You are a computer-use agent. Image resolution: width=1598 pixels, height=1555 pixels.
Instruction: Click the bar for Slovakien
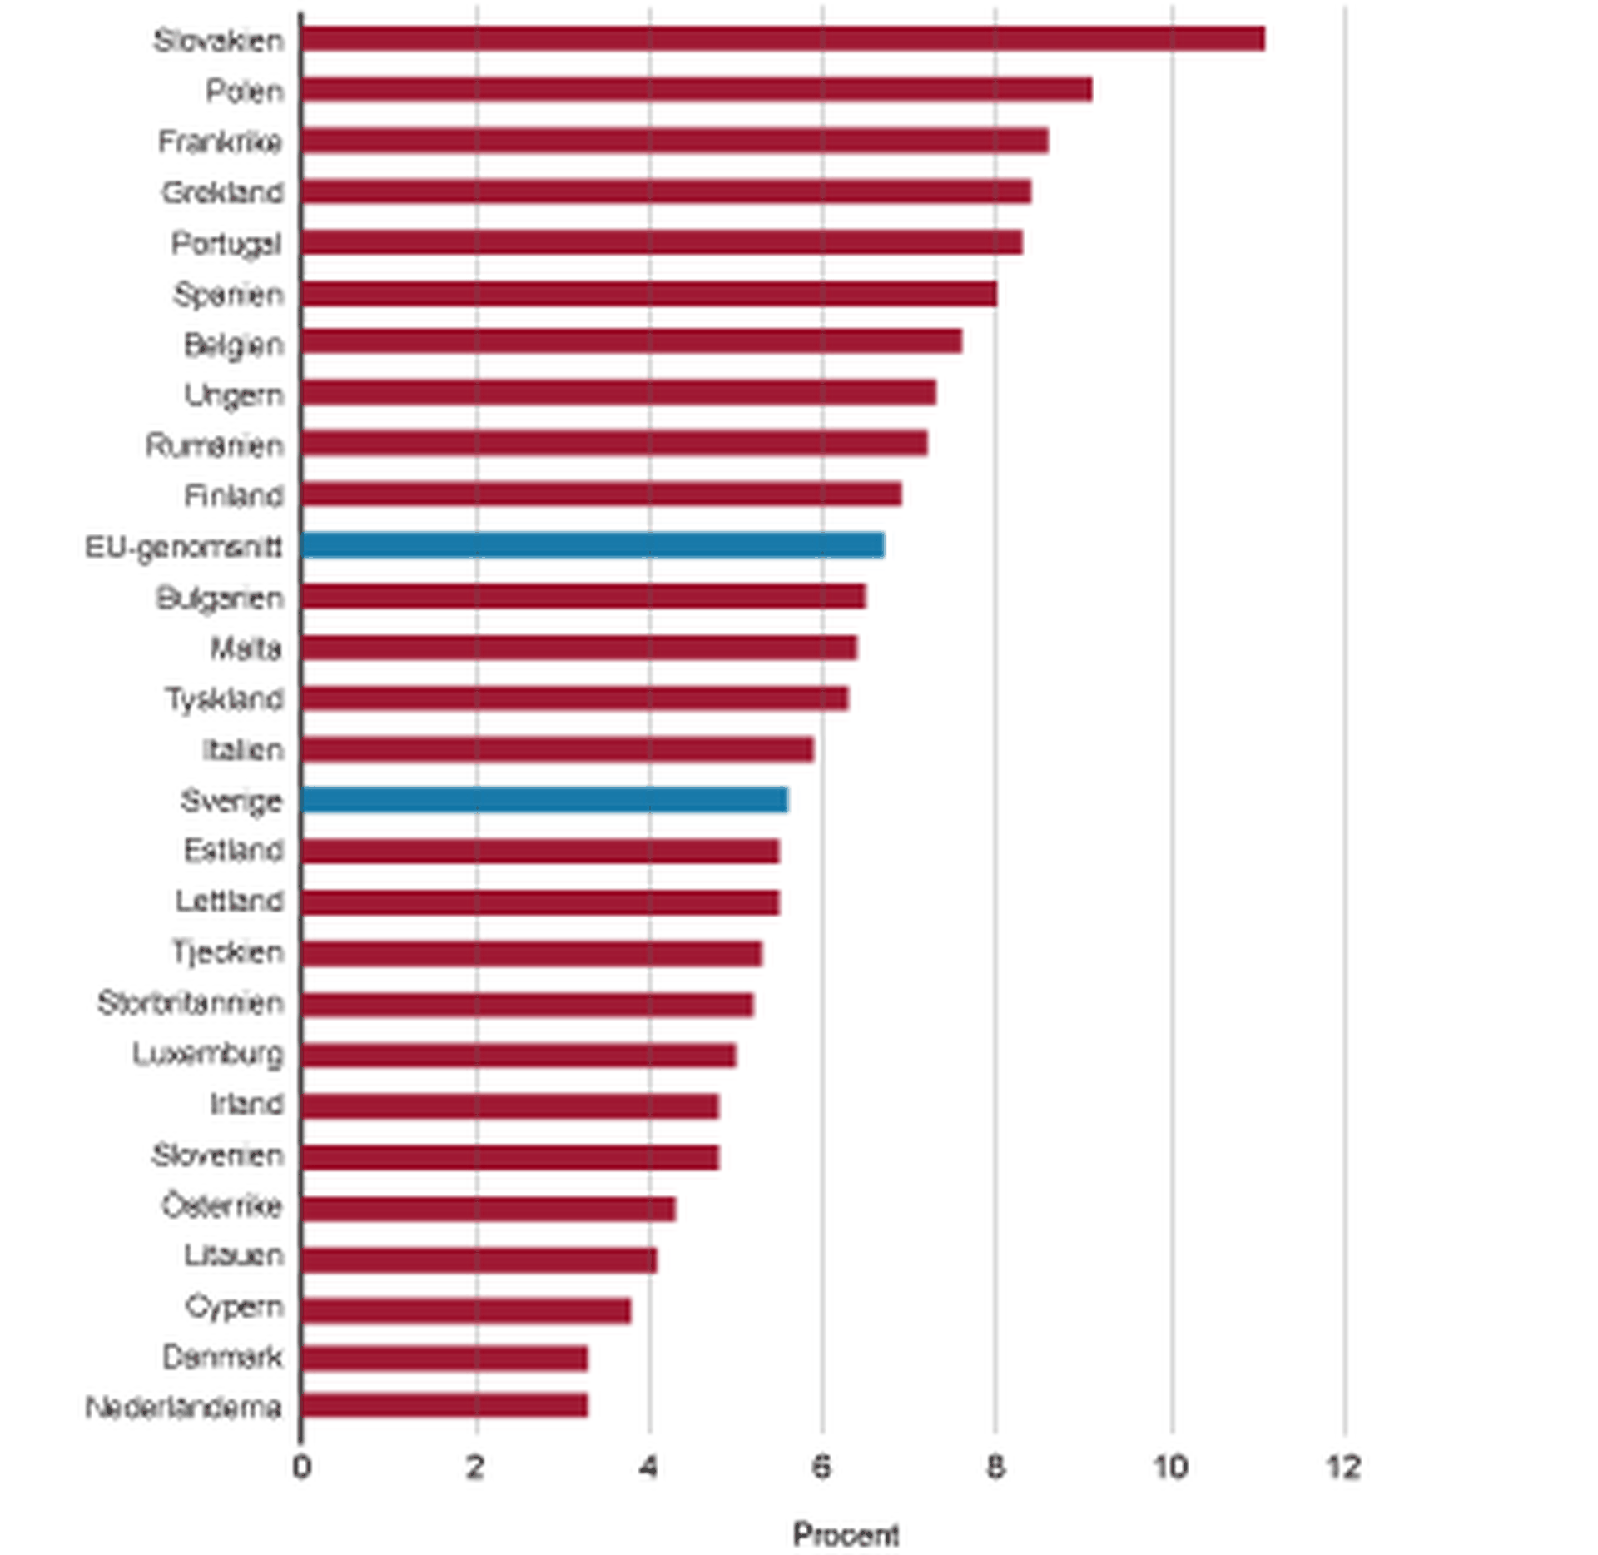tap(782, 39)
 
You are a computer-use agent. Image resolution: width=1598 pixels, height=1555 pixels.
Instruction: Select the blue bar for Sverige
tap(544, 800)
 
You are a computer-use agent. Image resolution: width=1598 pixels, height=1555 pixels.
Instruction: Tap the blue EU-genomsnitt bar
tap(593, 545)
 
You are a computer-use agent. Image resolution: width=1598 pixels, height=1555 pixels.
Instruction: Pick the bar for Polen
tap(697, 90)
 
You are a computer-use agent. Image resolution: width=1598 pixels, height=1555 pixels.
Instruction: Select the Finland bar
tap(601, 494)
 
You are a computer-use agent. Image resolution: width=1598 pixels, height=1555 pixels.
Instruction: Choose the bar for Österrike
tap(489, 1209)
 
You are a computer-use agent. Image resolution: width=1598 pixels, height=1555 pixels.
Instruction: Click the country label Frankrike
tap(221, 142)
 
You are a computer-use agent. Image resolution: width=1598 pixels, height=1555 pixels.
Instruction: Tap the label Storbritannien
tap(191, 1003)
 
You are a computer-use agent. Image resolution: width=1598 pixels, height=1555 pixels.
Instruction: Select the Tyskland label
tap(225, 698)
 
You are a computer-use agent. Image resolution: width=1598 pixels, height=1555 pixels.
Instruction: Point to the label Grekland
tap(223, 193)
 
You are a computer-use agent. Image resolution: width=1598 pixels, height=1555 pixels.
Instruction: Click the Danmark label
tap(223, 1358)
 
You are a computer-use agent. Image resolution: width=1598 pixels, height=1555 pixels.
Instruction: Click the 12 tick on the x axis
tap(1343, 1468)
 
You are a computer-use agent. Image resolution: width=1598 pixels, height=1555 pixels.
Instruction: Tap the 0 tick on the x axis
tap(301, 1468)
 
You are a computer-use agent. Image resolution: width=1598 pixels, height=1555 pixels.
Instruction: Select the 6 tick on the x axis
tap(822, 1468)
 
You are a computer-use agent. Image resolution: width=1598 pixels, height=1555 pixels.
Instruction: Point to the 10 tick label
tap(1169, 1468)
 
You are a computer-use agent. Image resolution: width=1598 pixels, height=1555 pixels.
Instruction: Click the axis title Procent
tap(846, 1534)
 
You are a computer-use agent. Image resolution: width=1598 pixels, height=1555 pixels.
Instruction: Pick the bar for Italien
tap(558, 749)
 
